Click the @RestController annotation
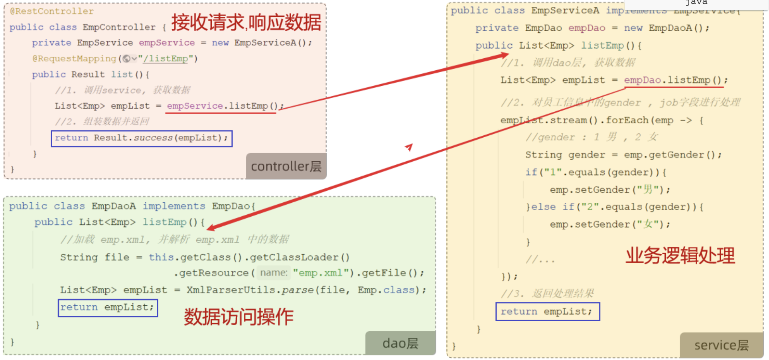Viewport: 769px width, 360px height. pyautogui.click(x=52, y=11)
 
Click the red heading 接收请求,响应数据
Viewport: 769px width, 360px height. pyautogui.click(x=246, y=22)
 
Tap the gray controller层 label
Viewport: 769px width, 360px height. pyautogui.click(x=286, y=166)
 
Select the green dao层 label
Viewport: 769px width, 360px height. pyautogui.click(x=400, y=343)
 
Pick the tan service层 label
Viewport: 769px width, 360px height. pyautogui.click(x=721, y=345)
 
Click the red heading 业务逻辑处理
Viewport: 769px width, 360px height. pyautogui.click(x=680, y=255)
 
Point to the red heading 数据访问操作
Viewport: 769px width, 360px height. pyautogui.click(x=239, y=317)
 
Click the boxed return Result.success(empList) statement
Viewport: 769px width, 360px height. pyautogui.click(x=142, y=138)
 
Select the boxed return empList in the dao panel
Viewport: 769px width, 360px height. pyautogui.click(x=108, y=307)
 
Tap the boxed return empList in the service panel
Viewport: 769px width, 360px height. pyautogui.click(x=547, y=311)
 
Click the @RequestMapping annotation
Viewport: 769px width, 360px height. pyautogui.click(x=74, y=59)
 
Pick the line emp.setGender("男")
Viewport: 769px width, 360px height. pyautogui.click(x=609, y=190)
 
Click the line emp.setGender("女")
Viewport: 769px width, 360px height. pyautogui.click(x=609, y=224)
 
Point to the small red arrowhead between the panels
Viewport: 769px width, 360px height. pyautogui.click(x=409, y=147)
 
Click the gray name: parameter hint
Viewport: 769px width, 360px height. pyautogui.click(x=274, y=273)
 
